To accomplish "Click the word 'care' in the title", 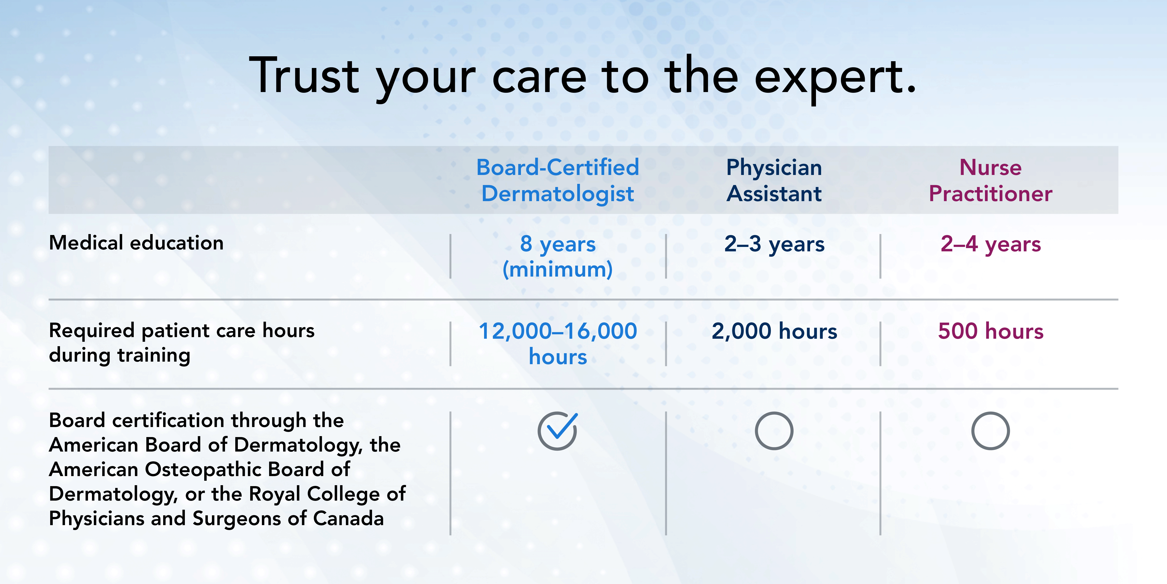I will [539, 77].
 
